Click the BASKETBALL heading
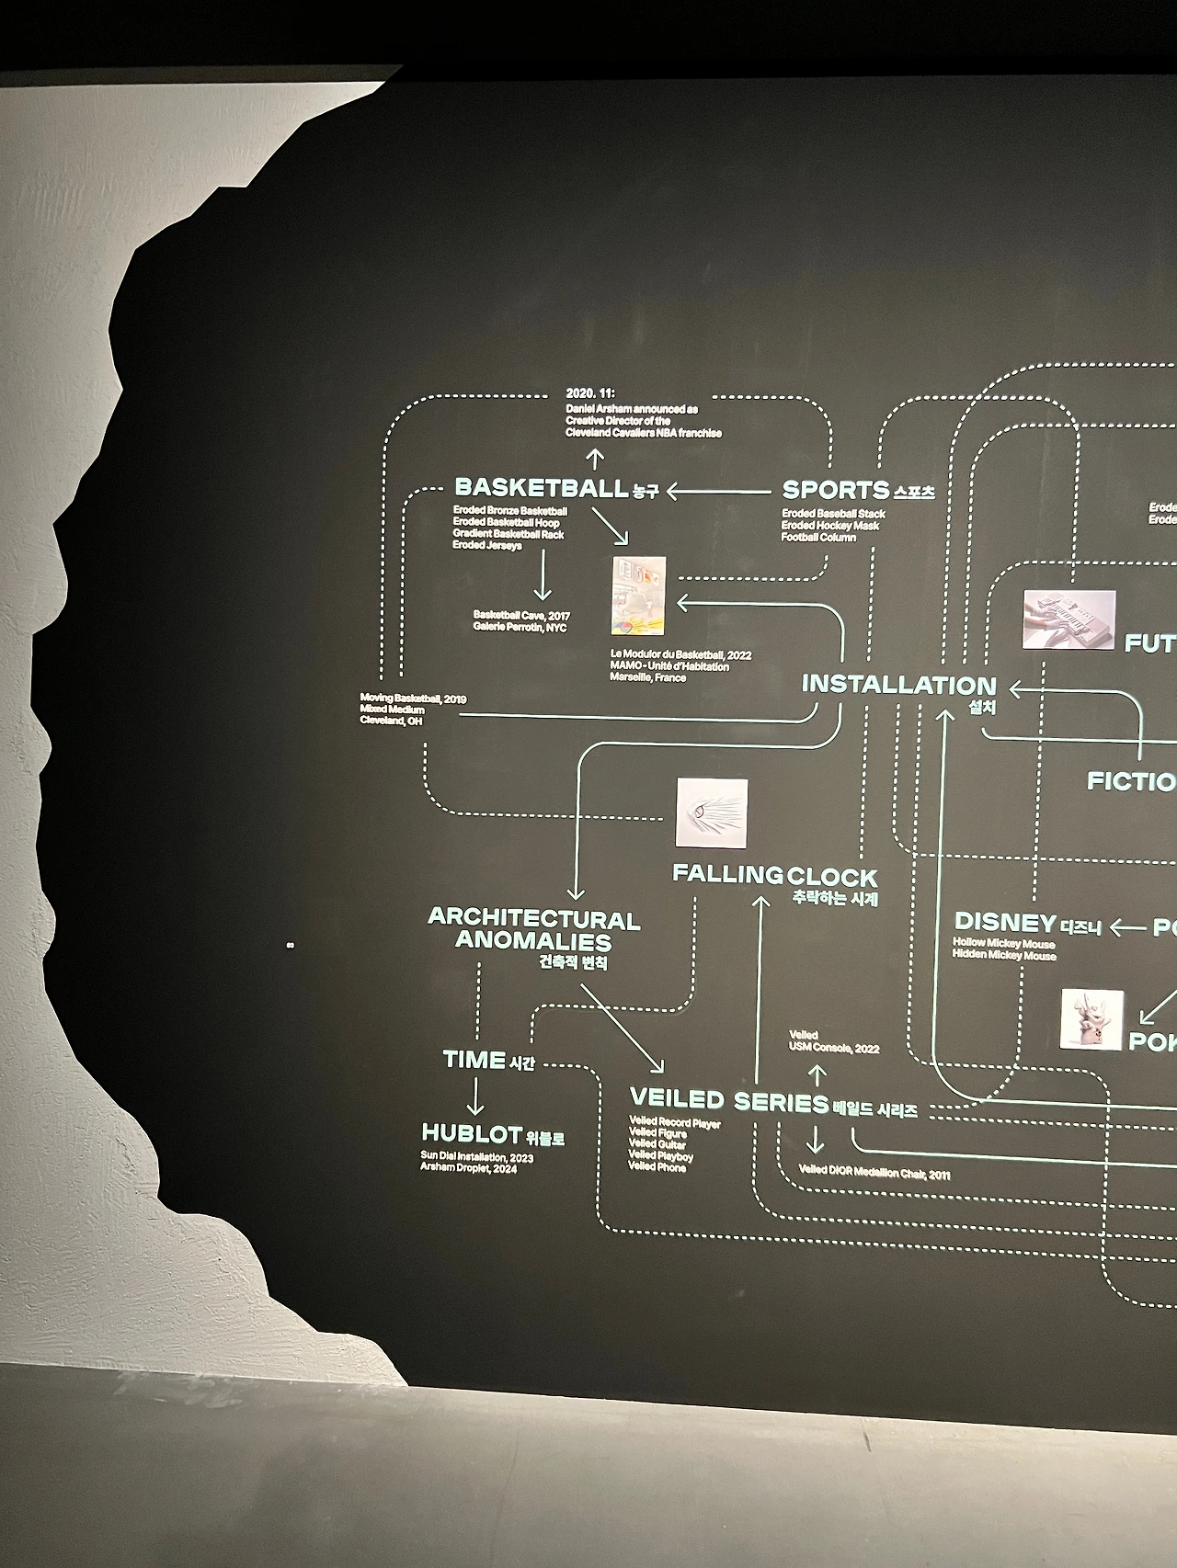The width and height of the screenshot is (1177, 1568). pos(542,487)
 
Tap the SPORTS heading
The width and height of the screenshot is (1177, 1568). pos(835,491)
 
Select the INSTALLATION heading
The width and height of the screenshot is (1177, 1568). pos(898,685)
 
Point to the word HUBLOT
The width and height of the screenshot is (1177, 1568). pos(472,1133)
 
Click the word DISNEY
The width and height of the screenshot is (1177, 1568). pos(1005,922)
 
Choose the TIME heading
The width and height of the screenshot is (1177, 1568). pos(474,1060)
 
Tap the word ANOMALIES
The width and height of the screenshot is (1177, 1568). pos(533,941)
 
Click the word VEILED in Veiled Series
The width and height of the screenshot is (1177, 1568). pos(677,1098)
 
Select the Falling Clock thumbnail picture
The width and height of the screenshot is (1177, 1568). pos(711,813)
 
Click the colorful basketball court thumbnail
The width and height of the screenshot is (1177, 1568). pos(638,596)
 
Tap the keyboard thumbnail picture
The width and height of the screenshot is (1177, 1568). pos(1069,619)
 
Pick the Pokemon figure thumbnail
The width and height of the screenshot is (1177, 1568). pos(1091,1019)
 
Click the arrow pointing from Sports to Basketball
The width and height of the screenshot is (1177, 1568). pos(717,492)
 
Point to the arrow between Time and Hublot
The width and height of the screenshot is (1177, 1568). pos(474,1096)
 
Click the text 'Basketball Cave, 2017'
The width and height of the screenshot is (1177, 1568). pos(521,615)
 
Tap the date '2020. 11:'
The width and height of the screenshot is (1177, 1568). pos(589,392)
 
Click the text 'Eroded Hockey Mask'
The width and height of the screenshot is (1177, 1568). pos(830,526)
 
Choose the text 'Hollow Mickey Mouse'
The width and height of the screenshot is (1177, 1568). pos(1003,944)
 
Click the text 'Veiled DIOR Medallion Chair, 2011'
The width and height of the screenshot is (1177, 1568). pos(874,1174)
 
